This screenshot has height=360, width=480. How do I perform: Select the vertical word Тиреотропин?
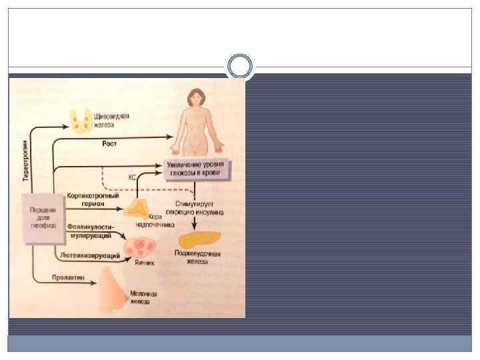click(26, 161)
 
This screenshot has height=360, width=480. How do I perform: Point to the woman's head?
click(195, 99)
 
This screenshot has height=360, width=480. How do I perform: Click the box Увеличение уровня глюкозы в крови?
click(197, 169)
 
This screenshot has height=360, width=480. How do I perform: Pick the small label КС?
click(132, 178)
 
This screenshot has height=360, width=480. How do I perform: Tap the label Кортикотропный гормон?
click(93, 200)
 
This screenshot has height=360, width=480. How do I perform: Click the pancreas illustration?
click(199, 237)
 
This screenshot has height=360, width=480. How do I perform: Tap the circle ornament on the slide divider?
click(240, 67)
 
